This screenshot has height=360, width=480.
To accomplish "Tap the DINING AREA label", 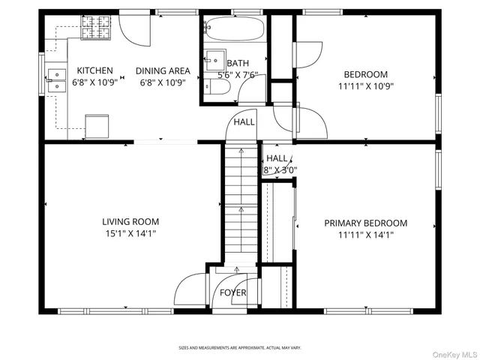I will point(163,70).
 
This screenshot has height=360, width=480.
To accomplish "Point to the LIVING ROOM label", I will point(130,221).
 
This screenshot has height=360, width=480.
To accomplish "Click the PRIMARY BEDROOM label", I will point(365,223).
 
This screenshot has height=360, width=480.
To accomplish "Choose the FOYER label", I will point(232,292).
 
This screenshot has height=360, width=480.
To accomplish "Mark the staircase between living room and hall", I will point(239,202).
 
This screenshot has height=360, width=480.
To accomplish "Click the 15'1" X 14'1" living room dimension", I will point(130,233).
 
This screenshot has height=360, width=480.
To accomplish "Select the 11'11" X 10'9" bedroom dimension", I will point(365,86).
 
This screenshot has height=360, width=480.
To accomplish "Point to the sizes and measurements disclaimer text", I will point(239,347).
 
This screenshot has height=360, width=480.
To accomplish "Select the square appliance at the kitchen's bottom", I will point(96,126).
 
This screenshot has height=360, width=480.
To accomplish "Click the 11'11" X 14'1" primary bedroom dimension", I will point(365,235).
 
